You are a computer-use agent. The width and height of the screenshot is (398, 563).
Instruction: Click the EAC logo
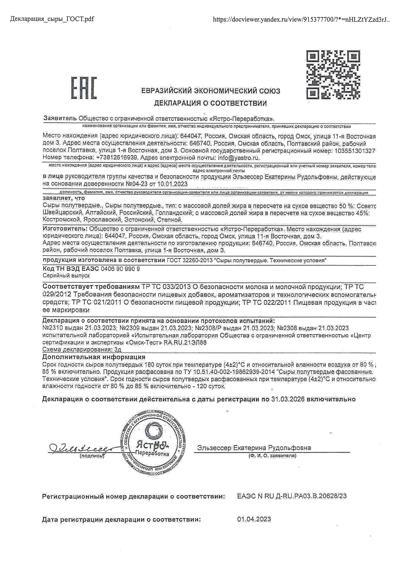84,88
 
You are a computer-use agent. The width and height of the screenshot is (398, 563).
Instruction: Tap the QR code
333,74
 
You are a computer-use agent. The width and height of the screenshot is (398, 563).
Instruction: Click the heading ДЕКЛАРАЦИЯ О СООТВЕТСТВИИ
211,103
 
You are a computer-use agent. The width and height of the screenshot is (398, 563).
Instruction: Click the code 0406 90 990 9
120,269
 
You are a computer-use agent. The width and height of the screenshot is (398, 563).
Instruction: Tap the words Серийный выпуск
66,276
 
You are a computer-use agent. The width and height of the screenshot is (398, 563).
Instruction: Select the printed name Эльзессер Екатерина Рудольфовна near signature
254,448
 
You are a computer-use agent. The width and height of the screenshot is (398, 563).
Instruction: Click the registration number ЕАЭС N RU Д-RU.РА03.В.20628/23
292,505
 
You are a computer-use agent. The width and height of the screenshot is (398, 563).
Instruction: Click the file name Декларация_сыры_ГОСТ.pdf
52,19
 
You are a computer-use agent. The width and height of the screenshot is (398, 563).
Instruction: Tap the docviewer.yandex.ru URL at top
301,19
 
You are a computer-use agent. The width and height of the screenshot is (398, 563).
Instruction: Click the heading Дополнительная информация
94,357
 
